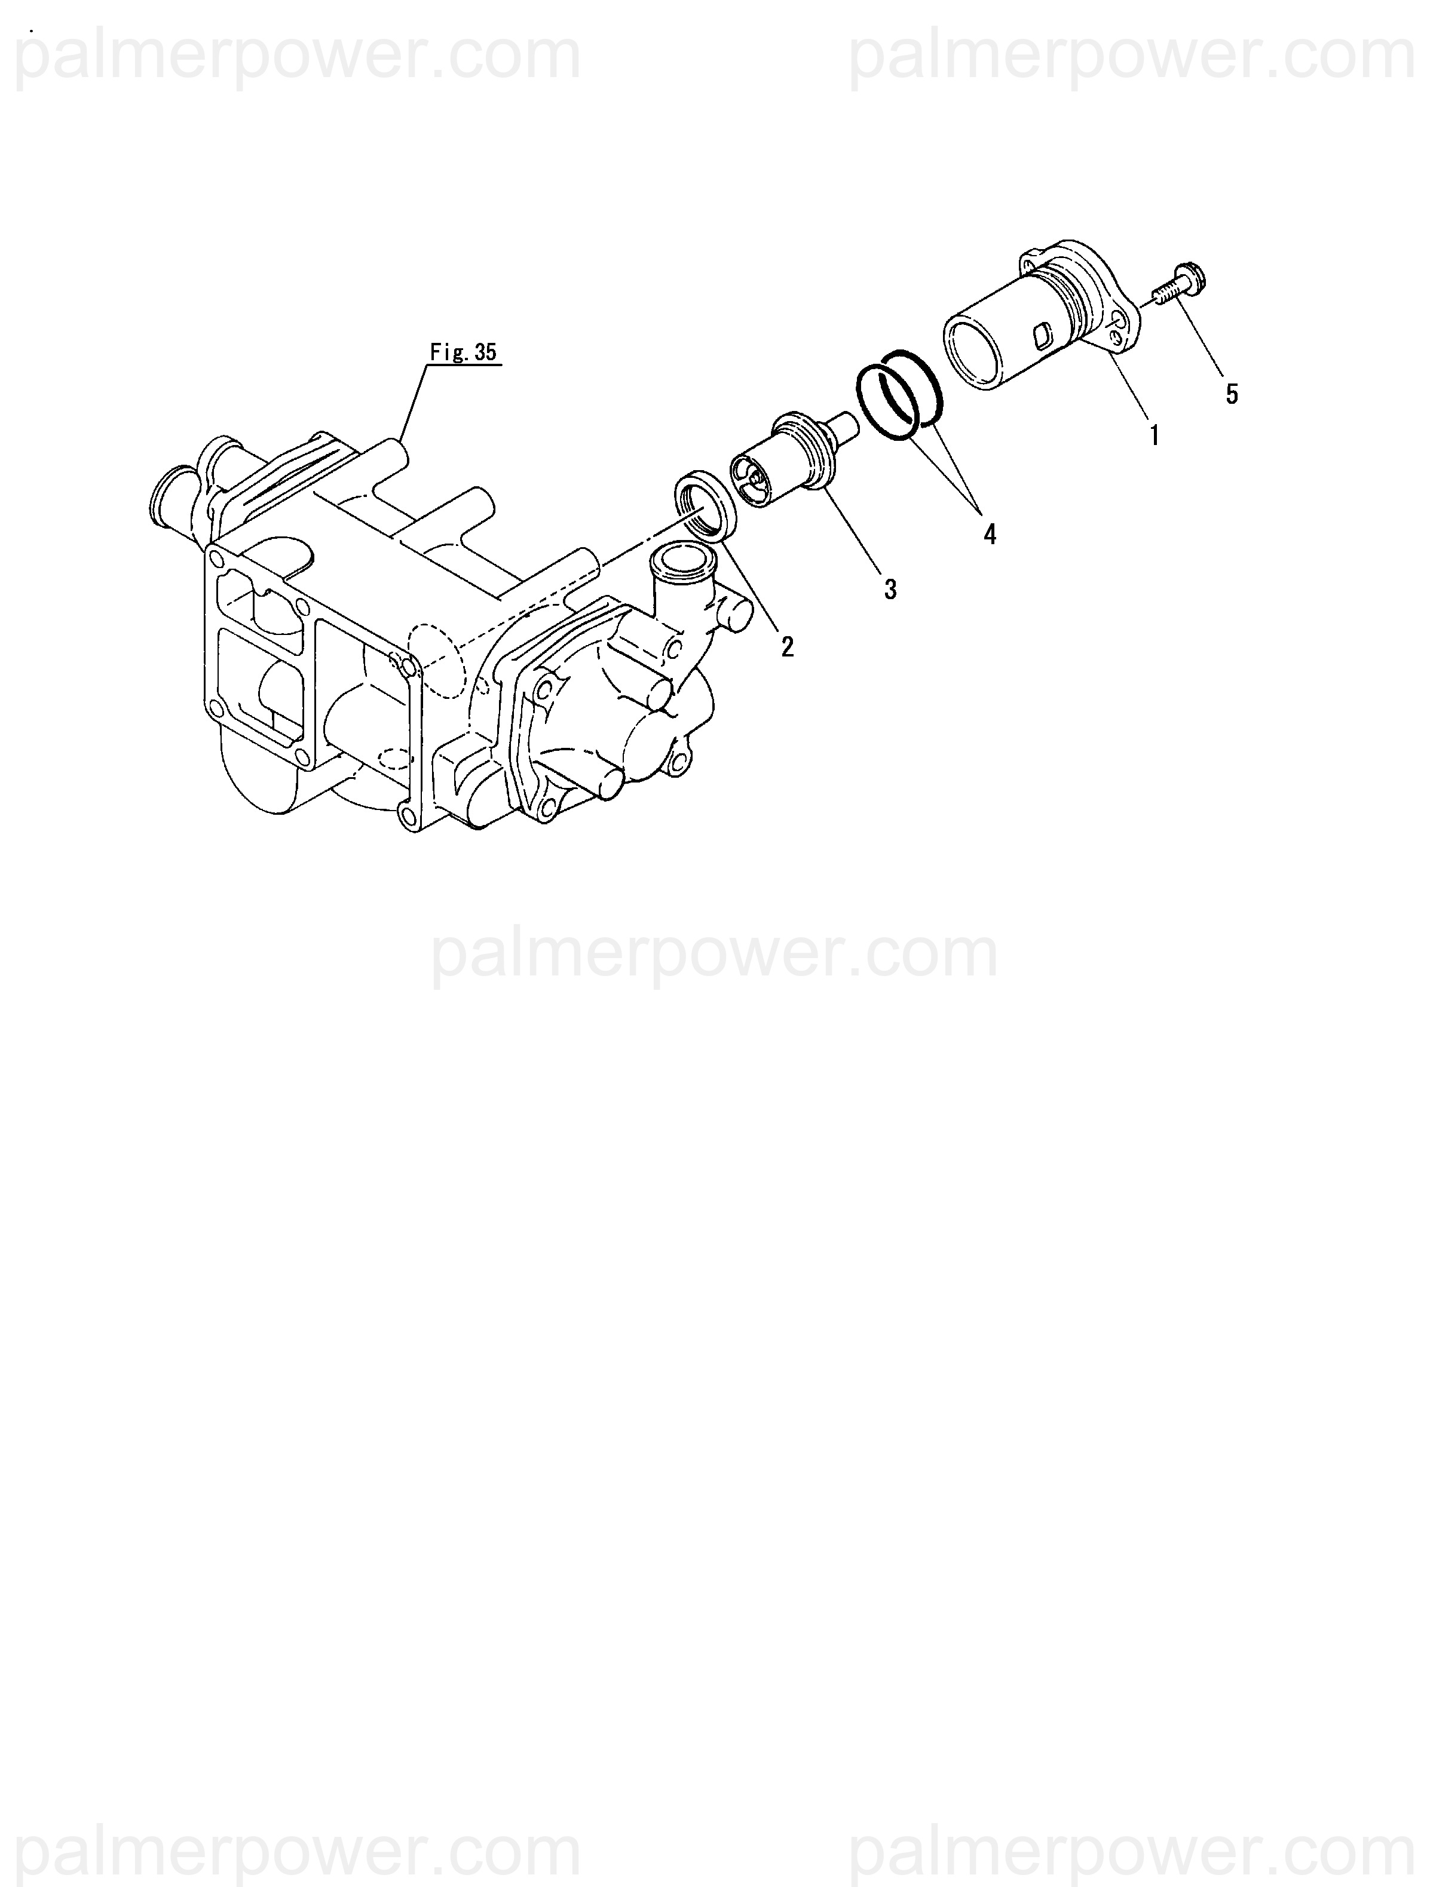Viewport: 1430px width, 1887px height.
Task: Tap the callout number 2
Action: pos(786,647)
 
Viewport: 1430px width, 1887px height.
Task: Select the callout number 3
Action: pos(890,588)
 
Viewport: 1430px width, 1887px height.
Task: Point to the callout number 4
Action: pos(989,535)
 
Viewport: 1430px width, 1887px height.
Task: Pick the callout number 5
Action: pos(1231,394)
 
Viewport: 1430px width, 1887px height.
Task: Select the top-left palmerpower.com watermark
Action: pos(299,56)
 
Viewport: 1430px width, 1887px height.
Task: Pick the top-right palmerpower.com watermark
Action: pos(1131,56)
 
